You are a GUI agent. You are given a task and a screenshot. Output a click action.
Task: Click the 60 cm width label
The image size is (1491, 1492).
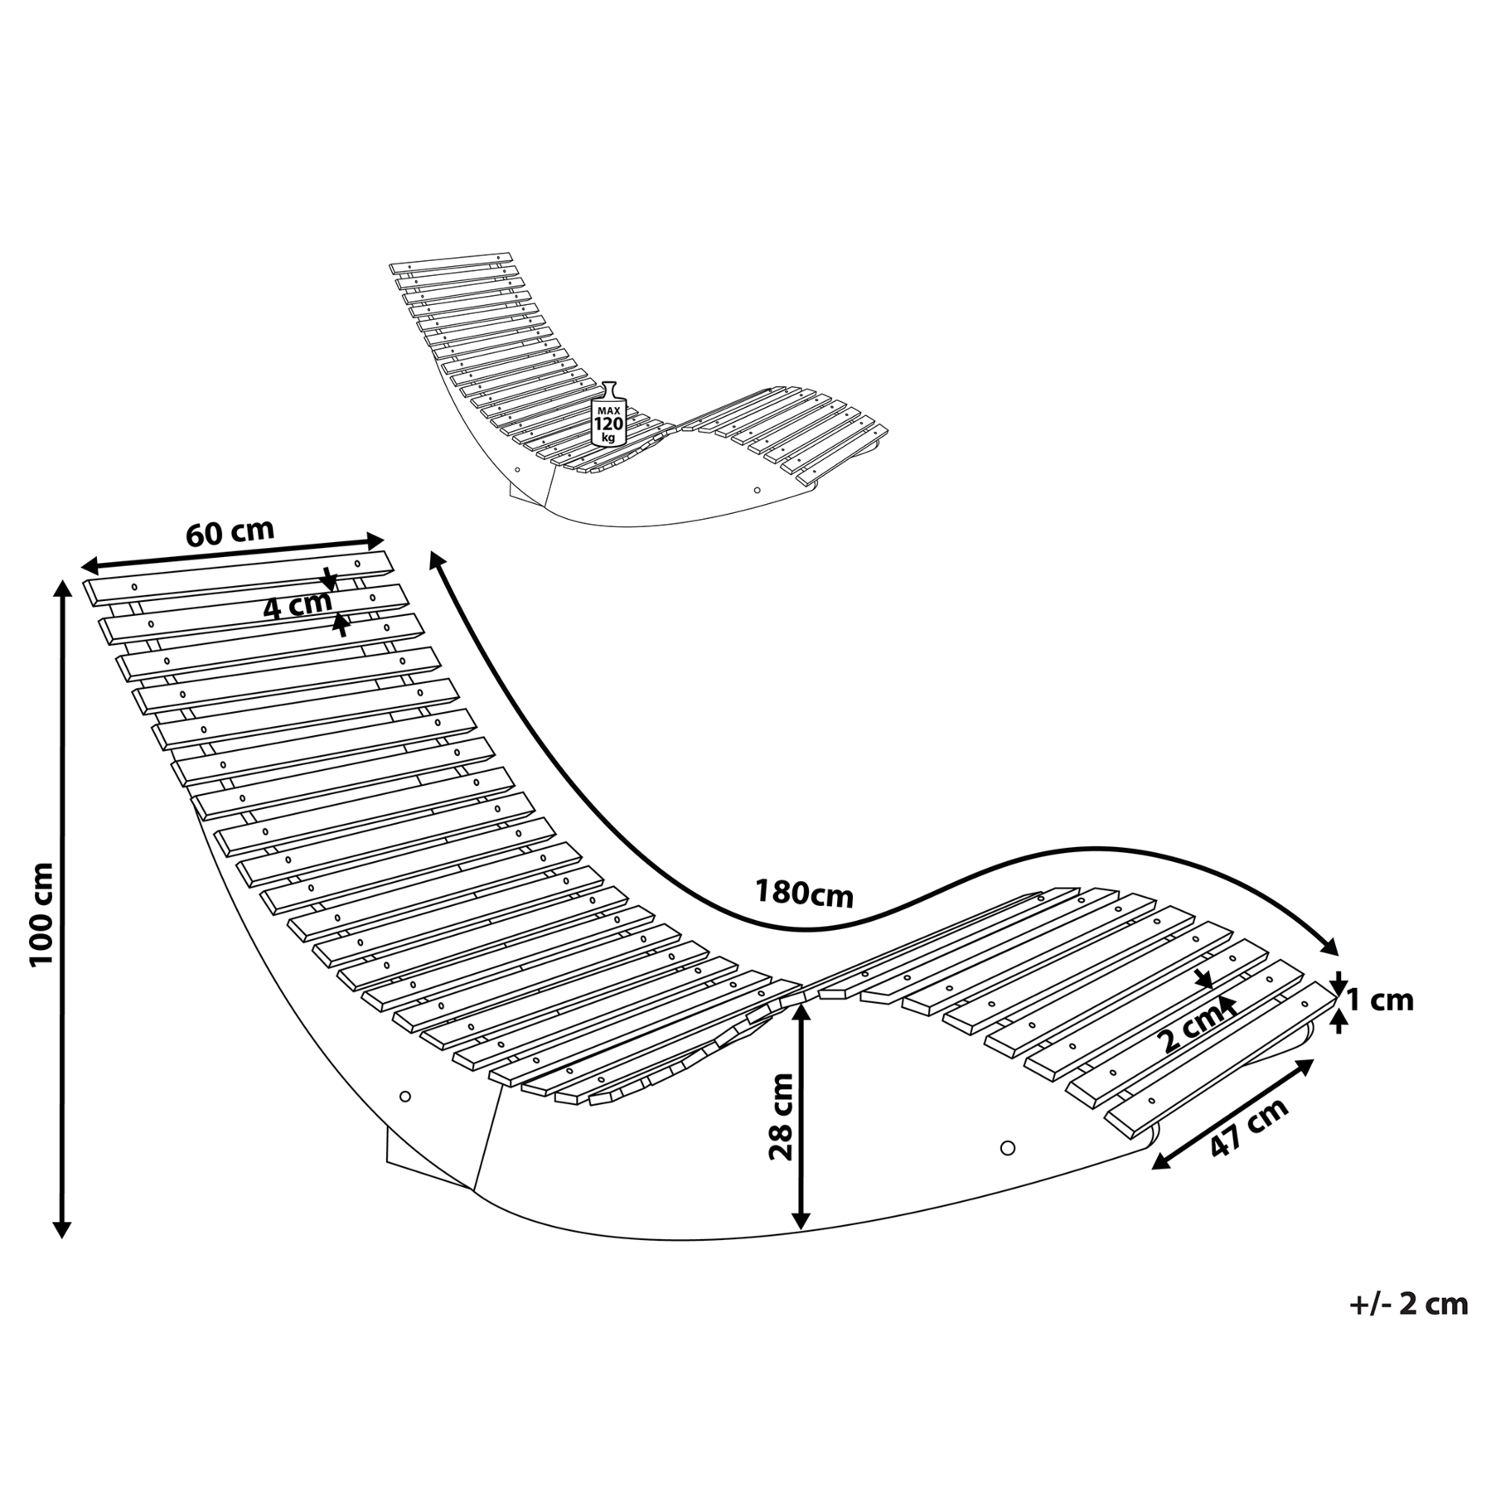(230, 532)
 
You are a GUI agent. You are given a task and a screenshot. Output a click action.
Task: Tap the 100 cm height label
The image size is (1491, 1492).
(41, 913)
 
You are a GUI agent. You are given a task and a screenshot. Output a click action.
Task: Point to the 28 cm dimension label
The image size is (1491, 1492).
(781, 1117)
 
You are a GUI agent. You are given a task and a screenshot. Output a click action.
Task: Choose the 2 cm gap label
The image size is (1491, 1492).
(1192, 1028)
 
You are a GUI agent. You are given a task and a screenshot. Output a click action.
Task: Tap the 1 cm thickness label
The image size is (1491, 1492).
(1380, 1000)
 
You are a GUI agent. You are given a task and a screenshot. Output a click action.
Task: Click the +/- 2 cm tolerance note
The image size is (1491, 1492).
(1409, 1304)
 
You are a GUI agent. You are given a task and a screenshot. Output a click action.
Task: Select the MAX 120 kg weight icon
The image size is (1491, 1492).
(609, 415)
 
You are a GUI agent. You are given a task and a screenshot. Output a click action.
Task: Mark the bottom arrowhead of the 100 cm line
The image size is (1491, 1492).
(61, 1230)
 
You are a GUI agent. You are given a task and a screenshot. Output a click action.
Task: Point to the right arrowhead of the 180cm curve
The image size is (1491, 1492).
(1330, 948)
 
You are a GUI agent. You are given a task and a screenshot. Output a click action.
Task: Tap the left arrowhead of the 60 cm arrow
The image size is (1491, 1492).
(90, 567)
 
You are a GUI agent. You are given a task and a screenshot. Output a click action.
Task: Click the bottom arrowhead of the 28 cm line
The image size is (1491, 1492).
(800, 1220)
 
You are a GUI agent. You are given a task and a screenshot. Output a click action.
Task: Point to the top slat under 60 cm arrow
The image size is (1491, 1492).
(238, 577)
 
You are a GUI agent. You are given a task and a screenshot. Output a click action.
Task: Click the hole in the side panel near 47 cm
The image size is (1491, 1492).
(1008, 1148)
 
